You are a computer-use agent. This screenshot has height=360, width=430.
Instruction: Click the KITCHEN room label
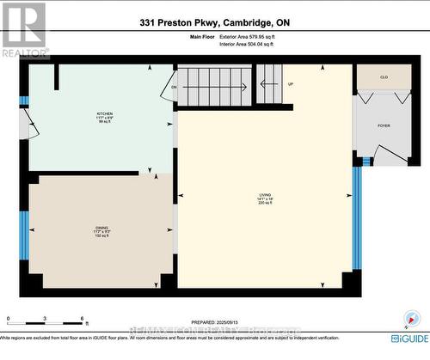104,113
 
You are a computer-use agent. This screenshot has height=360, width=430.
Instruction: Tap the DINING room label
101,228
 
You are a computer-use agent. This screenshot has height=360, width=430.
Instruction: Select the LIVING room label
264,196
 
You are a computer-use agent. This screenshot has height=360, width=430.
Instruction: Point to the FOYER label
384,125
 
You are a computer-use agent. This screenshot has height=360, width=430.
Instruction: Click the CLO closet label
384,76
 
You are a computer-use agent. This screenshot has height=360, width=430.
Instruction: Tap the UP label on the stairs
291,84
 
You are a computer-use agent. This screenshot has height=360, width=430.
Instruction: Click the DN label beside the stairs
174,87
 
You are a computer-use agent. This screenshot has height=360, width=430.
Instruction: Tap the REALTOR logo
24,28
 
